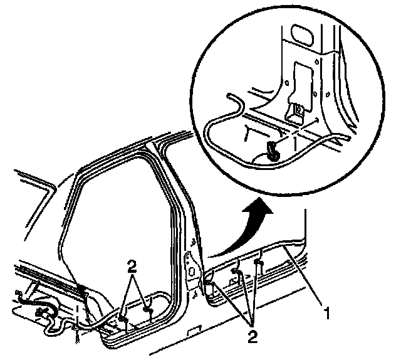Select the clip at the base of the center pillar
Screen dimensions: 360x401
(208, 285)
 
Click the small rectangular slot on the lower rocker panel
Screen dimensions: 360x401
(195, 329)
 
